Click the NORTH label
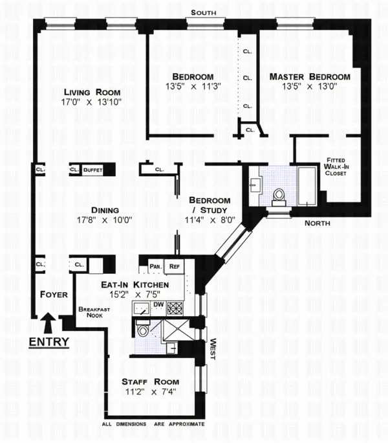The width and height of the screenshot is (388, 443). click(317, 223)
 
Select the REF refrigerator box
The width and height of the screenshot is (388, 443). click(174, 266)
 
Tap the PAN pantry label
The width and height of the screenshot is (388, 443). click(155, 266)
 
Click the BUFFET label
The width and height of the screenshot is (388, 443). click(93, 170)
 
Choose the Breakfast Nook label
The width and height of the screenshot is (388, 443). click(91, 313)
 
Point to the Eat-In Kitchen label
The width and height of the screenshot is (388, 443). click(135, 284)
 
